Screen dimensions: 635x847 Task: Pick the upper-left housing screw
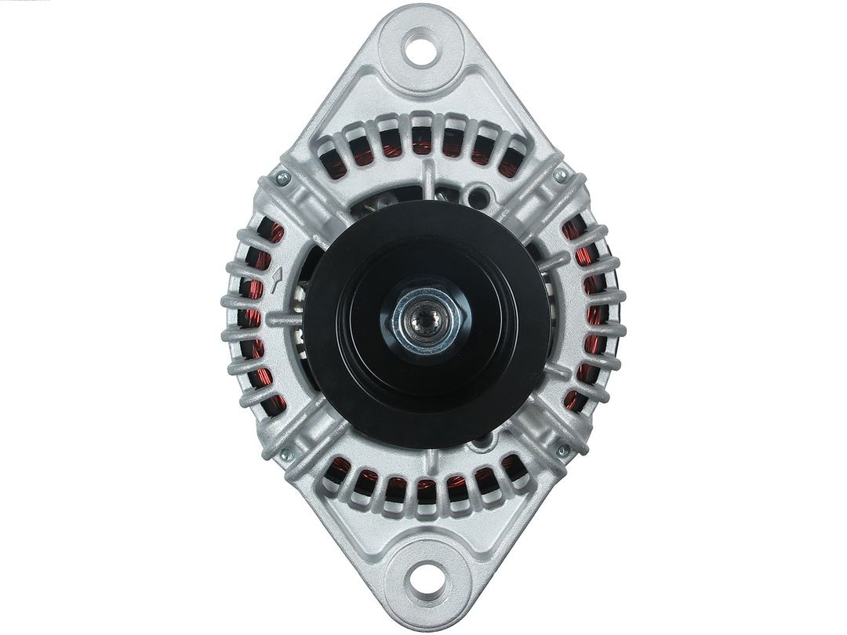click(x=283, y=180)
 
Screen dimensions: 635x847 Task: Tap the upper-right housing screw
click(x=560, y=176)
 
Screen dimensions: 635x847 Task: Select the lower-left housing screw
click(x=286, y=453)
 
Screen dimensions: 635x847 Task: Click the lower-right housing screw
click(x=562, y=451)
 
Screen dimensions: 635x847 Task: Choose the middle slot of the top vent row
click(x=423, y=140)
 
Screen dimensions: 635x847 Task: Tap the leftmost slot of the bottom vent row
click(x=340, y=469)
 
